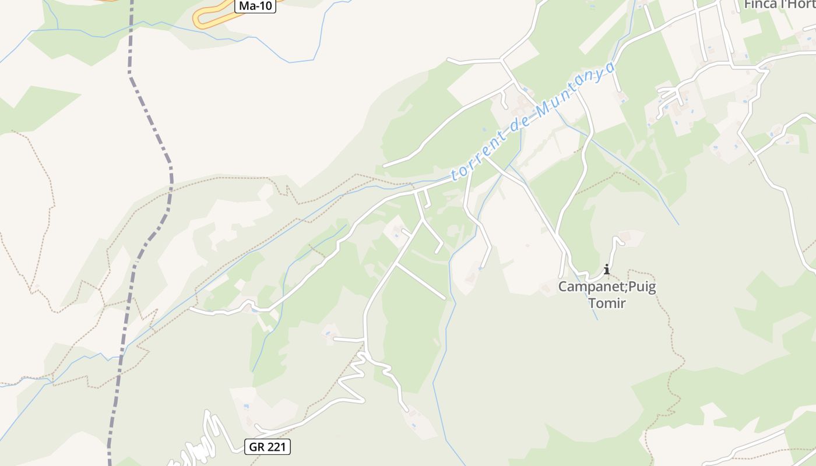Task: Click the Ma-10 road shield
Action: point(255,6)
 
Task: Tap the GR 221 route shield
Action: point(268,447)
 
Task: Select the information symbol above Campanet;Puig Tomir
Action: point(607,269)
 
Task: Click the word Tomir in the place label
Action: point(607,303)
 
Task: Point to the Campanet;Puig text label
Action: point(607,287)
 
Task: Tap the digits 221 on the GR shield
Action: point(276,447)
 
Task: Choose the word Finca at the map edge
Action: point(760,5)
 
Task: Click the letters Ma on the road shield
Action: point(247,6)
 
